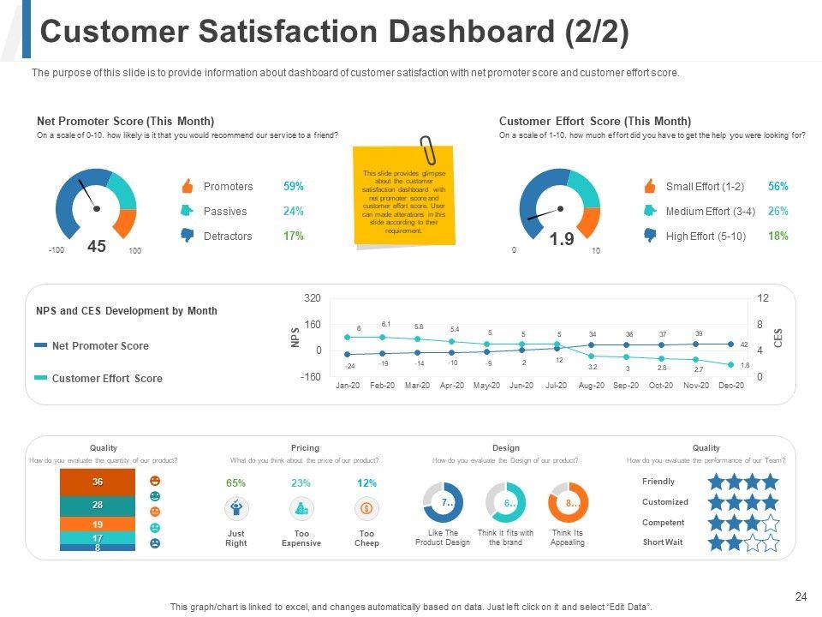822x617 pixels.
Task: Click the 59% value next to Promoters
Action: (x=293, y=187)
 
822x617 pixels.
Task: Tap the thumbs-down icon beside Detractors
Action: (x=187, y=236)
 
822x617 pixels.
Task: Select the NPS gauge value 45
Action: (x=97, y=247)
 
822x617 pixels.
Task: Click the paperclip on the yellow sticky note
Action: (x=428, y=150)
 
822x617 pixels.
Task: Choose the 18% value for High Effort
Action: (x=777, y=236)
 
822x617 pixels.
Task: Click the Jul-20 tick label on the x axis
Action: (x=556, y=386)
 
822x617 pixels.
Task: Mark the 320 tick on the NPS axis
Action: (x=313, y=298)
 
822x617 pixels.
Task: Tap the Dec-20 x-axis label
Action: (x=731, y=386)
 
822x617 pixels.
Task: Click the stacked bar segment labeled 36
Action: (x=98, y=482)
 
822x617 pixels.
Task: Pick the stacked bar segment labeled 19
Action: (x=98, y=524)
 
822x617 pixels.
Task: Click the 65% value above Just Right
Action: (x=235, y=483)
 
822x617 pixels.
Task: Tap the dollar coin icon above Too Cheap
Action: (x=366, y=509)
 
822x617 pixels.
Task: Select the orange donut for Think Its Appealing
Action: (x=568, y=503)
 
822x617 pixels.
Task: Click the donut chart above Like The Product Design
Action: (x=443, y=503)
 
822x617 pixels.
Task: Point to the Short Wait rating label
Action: (x=663, y=542)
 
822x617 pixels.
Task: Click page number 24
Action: (x=801, y=596)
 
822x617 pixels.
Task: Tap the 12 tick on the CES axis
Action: (x=763, y=298)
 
